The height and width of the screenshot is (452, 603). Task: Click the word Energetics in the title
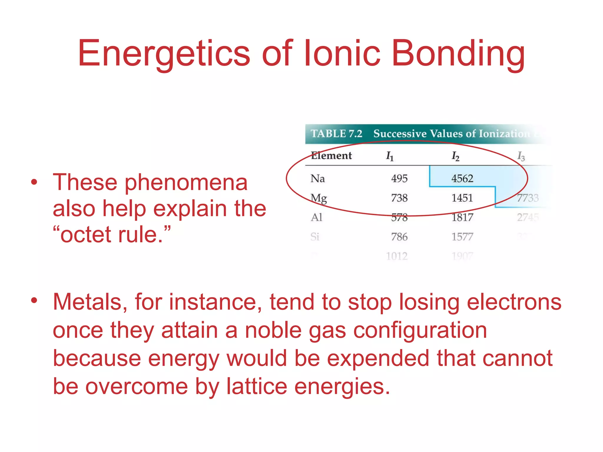[x=164, y=54]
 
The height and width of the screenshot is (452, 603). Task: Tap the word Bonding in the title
[x=458, y=54]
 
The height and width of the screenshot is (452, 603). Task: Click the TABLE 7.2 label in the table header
[x=336, y=134]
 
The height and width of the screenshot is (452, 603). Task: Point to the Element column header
[x=331, y=155]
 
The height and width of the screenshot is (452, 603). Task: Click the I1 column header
[x=390, y=156]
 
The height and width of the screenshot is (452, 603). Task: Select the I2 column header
[x=455, y=156]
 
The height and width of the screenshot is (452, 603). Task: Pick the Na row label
[x=317, y=178]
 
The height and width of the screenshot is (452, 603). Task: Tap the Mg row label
[x=319, y=198]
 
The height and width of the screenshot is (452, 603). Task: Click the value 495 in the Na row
[x=399, y=178]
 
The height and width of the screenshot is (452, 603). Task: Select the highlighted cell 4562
[x=462, y=178]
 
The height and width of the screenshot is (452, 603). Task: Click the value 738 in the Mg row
[x=399, y=198]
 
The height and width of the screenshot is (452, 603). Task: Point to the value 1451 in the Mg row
[x=462, y=198]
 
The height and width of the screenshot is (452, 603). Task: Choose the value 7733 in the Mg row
[x=528, y=198]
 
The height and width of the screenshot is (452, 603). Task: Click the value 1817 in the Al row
[x=462, y=217]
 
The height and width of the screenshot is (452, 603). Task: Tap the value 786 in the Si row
[x=399, y=237]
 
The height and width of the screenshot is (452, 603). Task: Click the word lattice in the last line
[x=256, y=386]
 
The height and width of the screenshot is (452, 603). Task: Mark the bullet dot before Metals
[x=34, y=300]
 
